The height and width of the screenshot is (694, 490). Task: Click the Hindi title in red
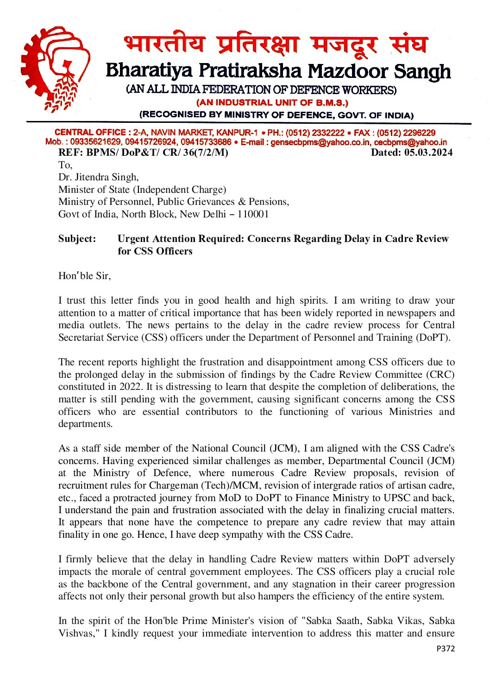click(x=275, y=45)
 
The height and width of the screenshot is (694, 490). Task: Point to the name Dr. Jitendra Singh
click(x=98, y=177)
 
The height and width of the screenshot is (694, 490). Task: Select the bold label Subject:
click(x=77, y=239)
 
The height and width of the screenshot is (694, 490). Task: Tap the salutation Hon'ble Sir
click(x=84, y=276)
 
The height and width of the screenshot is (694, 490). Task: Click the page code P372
click(x=446, y=649)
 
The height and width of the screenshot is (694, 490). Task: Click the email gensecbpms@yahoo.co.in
click(x=320, y=142)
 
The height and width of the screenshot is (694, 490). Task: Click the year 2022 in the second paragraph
click(x=131, y=387)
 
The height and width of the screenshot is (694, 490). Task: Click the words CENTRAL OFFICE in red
click(x=90, y=133)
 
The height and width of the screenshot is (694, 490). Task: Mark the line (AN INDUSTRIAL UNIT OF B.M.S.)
click(x=272, y=102)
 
